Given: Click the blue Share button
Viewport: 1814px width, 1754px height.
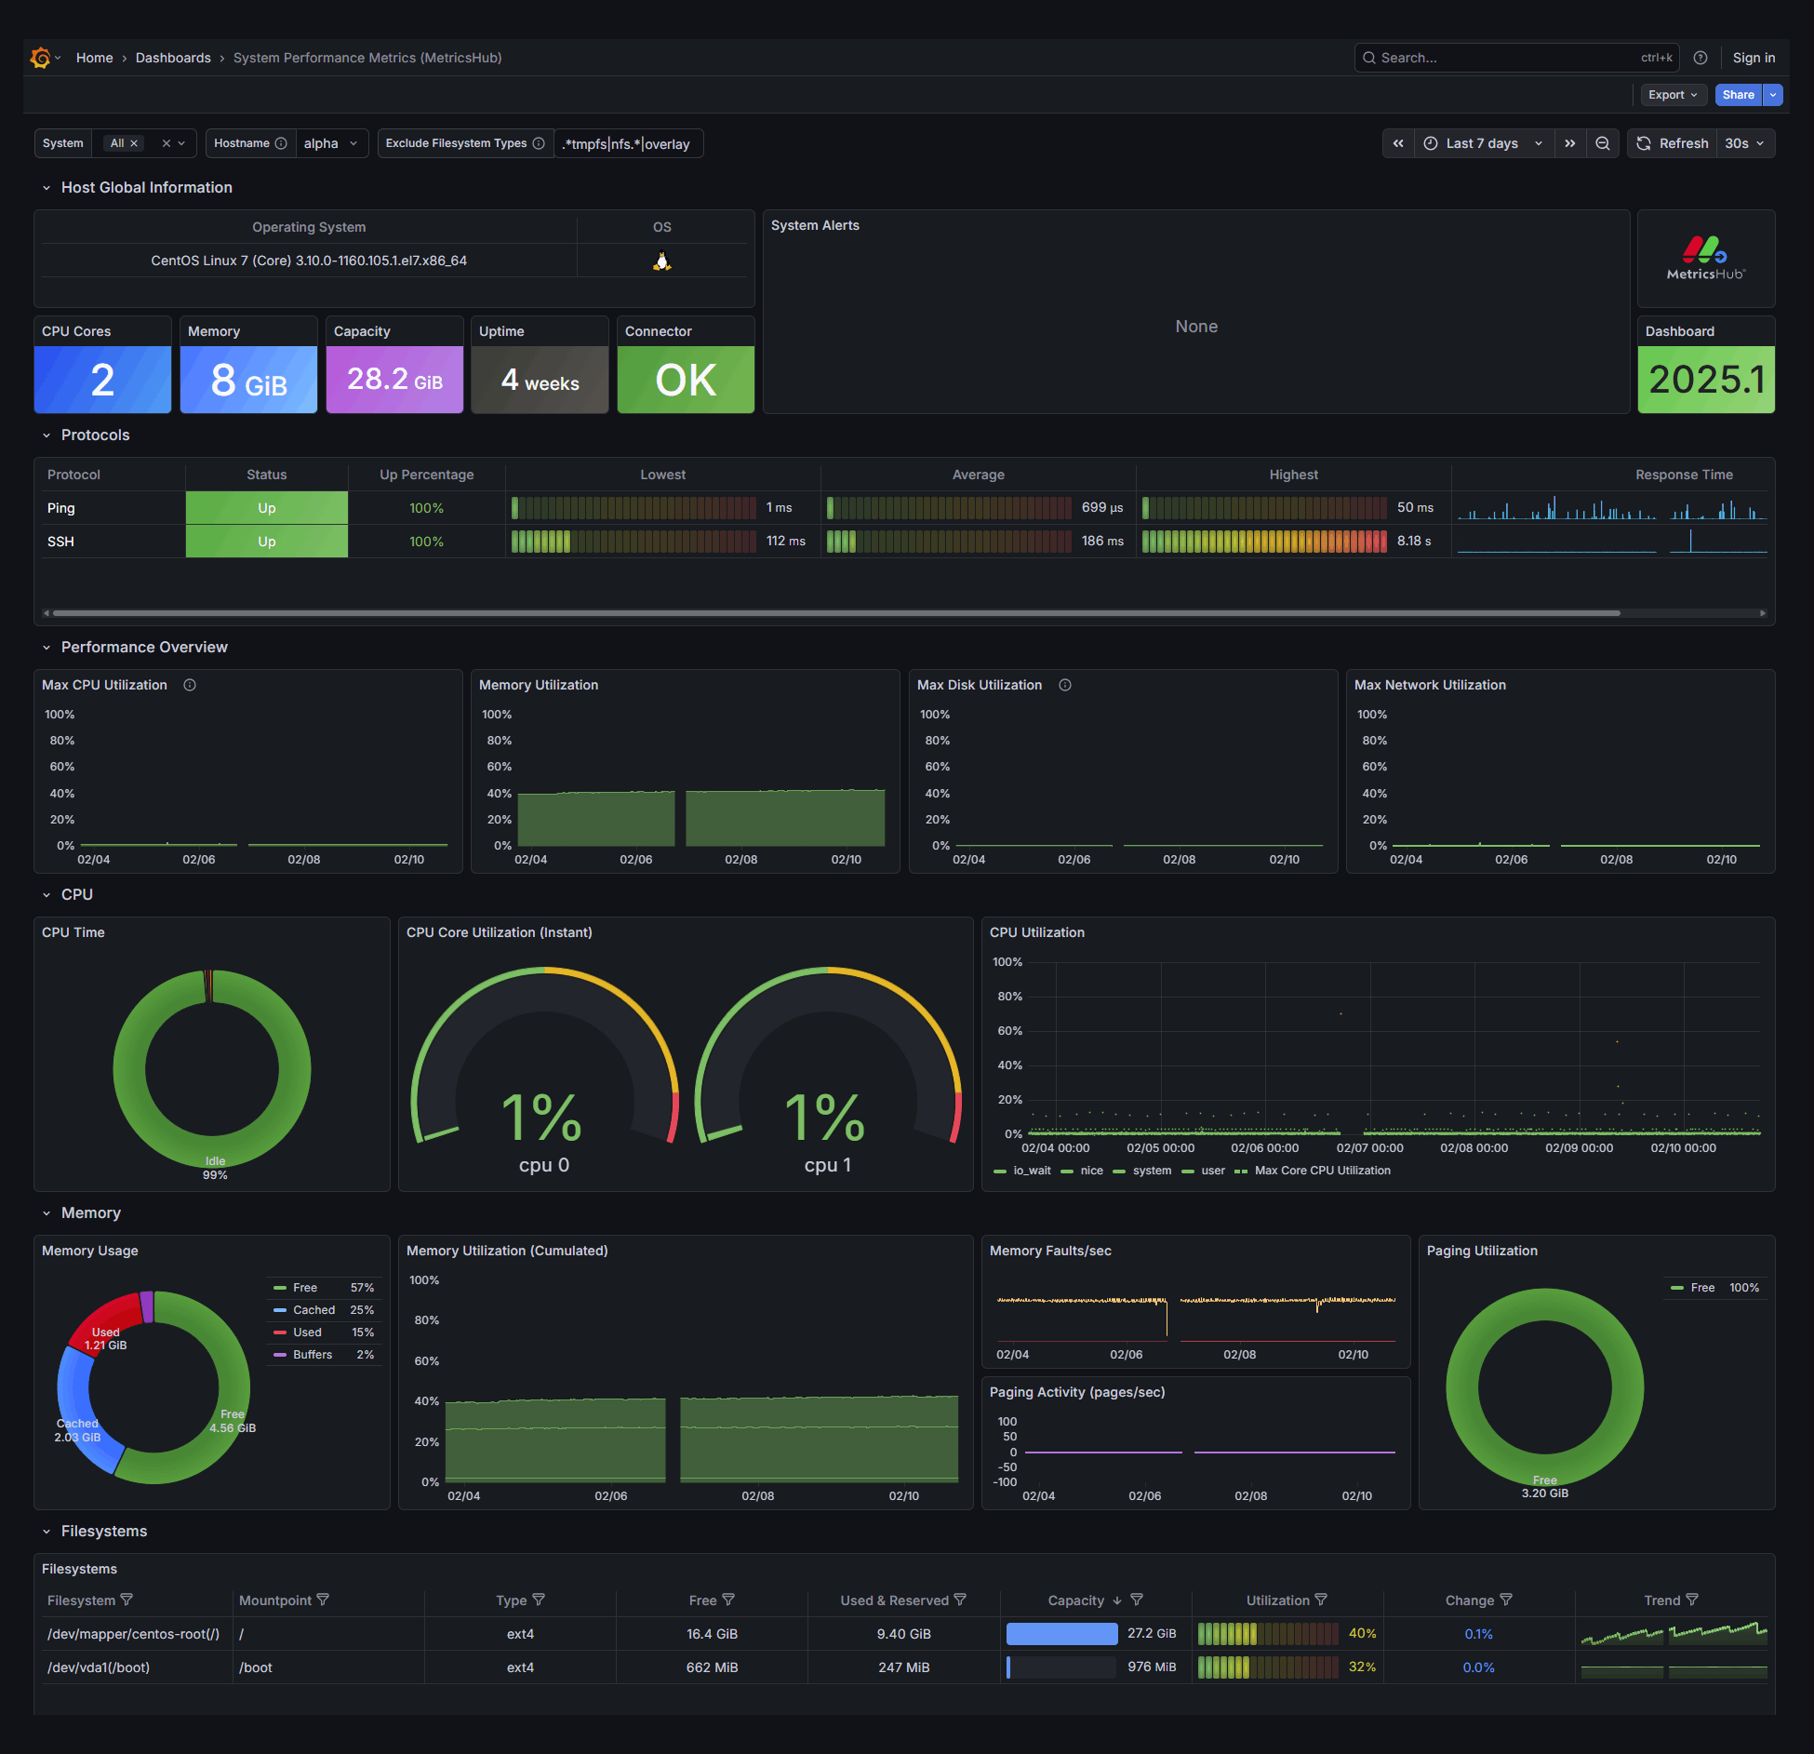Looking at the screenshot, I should [x=1738, y=95].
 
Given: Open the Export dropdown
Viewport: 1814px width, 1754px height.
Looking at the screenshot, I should [x=1672, y=95].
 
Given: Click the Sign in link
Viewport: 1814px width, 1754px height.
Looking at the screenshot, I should [x=1754, y=58].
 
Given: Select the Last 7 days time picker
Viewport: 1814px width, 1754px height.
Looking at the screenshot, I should [x=1483, y=143].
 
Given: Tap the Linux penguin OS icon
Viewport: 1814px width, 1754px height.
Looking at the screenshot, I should [x=661, y=261].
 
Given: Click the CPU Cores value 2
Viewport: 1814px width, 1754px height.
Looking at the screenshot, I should [x=102, y=380].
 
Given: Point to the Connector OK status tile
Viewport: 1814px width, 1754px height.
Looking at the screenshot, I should [x=686, y=380].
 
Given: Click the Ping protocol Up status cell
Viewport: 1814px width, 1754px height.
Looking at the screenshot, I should [x=267, y=508].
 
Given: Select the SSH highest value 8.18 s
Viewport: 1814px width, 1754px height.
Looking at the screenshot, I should [x=1414, y=542].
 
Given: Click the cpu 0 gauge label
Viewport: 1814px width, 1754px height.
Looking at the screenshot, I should [x=544, y=1165].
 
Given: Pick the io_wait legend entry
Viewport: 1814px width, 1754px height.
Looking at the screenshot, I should [x=1032, y=1171].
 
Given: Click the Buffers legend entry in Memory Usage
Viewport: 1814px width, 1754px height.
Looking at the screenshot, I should [x=313, y=1355].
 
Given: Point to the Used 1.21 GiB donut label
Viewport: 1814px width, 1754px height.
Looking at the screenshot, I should [x=106, y=1339].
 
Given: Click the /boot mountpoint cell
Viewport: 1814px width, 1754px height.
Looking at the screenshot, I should [x=256, y=1667].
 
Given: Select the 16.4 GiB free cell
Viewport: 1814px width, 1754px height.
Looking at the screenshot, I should [x=712, y=1634].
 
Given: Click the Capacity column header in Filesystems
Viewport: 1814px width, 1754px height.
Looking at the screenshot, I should [x=1076, y=1600].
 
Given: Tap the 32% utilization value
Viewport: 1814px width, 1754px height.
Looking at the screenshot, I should [x=1362, y=1667].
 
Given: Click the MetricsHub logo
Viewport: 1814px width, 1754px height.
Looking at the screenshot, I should [x=1706, y=258].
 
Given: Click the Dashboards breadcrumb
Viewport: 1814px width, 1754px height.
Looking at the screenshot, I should [x=173, y=58].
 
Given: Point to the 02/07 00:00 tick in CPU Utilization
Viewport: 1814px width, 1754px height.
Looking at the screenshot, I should [x=1370, y=1148].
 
